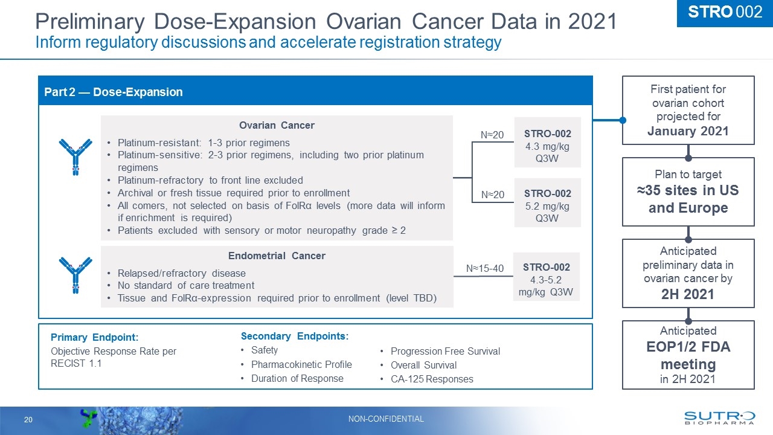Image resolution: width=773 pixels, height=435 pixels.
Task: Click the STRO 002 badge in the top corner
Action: point(725,13)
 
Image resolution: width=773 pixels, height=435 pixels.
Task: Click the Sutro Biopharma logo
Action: point(719,419)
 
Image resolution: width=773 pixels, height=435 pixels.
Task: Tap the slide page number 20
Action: point(28,419)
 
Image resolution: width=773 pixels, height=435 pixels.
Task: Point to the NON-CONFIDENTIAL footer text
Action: point(386,419)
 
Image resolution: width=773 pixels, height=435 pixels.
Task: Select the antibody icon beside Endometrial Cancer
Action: point(75,274)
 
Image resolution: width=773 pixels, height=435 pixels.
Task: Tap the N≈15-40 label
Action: point(484,268)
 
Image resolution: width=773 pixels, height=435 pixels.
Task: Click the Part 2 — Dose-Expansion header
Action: point(114,92)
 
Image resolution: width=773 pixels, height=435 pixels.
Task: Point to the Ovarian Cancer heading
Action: point(277,125)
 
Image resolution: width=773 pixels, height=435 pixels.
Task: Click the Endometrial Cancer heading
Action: point(277,256)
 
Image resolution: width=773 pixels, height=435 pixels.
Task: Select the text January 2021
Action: point(688,131)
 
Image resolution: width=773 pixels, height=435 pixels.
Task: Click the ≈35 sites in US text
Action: point(688,191)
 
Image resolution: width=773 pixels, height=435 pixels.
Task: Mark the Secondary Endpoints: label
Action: point(295,336)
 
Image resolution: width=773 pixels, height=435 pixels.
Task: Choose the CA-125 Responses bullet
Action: point(432,379)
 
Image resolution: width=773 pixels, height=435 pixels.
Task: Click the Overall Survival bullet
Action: point(423,365)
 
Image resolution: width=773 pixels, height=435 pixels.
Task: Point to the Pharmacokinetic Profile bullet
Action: point(301,364)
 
